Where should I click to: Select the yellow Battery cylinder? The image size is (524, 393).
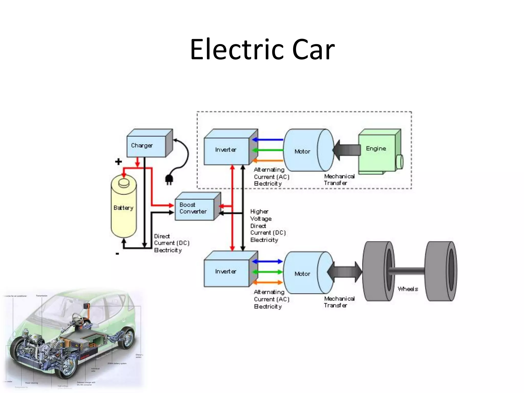coord(124,208)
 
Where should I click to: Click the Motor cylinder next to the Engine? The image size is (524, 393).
coord(304,151)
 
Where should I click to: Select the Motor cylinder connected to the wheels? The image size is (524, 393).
coord(304,273)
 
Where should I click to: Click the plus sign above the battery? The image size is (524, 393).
coord(118,162)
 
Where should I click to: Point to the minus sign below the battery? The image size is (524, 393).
coord(117,254)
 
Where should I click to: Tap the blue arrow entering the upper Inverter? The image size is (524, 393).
coord(267,140)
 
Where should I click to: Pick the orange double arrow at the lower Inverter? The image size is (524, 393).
coord(267,282)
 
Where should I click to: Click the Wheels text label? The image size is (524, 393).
coord(408,289)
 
